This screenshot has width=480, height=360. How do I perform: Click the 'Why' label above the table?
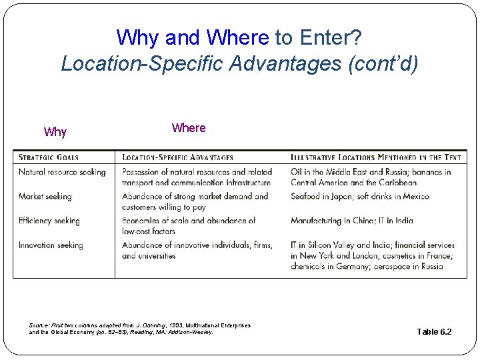(x=55, y=132)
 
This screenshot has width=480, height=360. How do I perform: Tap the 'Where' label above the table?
(x=189, y=128)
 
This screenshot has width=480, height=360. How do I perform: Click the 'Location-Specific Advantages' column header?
(x=177, y=158)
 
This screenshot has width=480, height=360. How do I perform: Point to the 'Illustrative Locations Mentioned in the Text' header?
(x=375, y=158)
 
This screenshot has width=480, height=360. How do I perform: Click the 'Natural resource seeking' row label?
(x=62, y=172)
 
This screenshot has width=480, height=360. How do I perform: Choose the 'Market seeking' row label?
(x=45, y=197)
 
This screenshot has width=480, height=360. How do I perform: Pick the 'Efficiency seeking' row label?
(x=49, y=221)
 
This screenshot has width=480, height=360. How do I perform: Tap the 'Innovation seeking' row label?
(x=51, y=245)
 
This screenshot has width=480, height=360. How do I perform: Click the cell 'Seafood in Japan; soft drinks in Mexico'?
(x=360, y=197)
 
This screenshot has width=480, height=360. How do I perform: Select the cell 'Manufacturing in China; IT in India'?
(x=352, y=221)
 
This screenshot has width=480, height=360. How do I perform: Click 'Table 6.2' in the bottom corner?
(x=434, y=331)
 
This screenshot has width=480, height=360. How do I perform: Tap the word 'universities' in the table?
(x=157, y=256)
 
